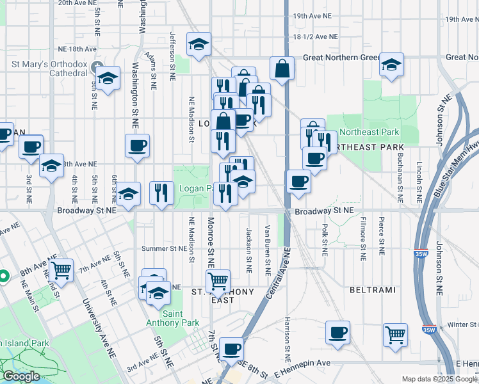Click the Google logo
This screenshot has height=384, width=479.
21,376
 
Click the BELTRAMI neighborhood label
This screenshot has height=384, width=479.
372,290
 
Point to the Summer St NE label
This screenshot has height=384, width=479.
149,248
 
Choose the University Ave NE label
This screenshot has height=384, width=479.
93,321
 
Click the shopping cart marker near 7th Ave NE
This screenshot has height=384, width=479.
61,270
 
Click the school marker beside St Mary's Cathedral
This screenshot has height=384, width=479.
108,79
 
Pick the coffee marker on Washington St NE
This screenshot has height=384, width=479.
138,147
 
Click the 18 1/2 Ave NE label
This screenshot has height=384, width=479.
315,37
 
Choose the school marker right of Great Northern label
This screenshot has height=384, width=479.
391,65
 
